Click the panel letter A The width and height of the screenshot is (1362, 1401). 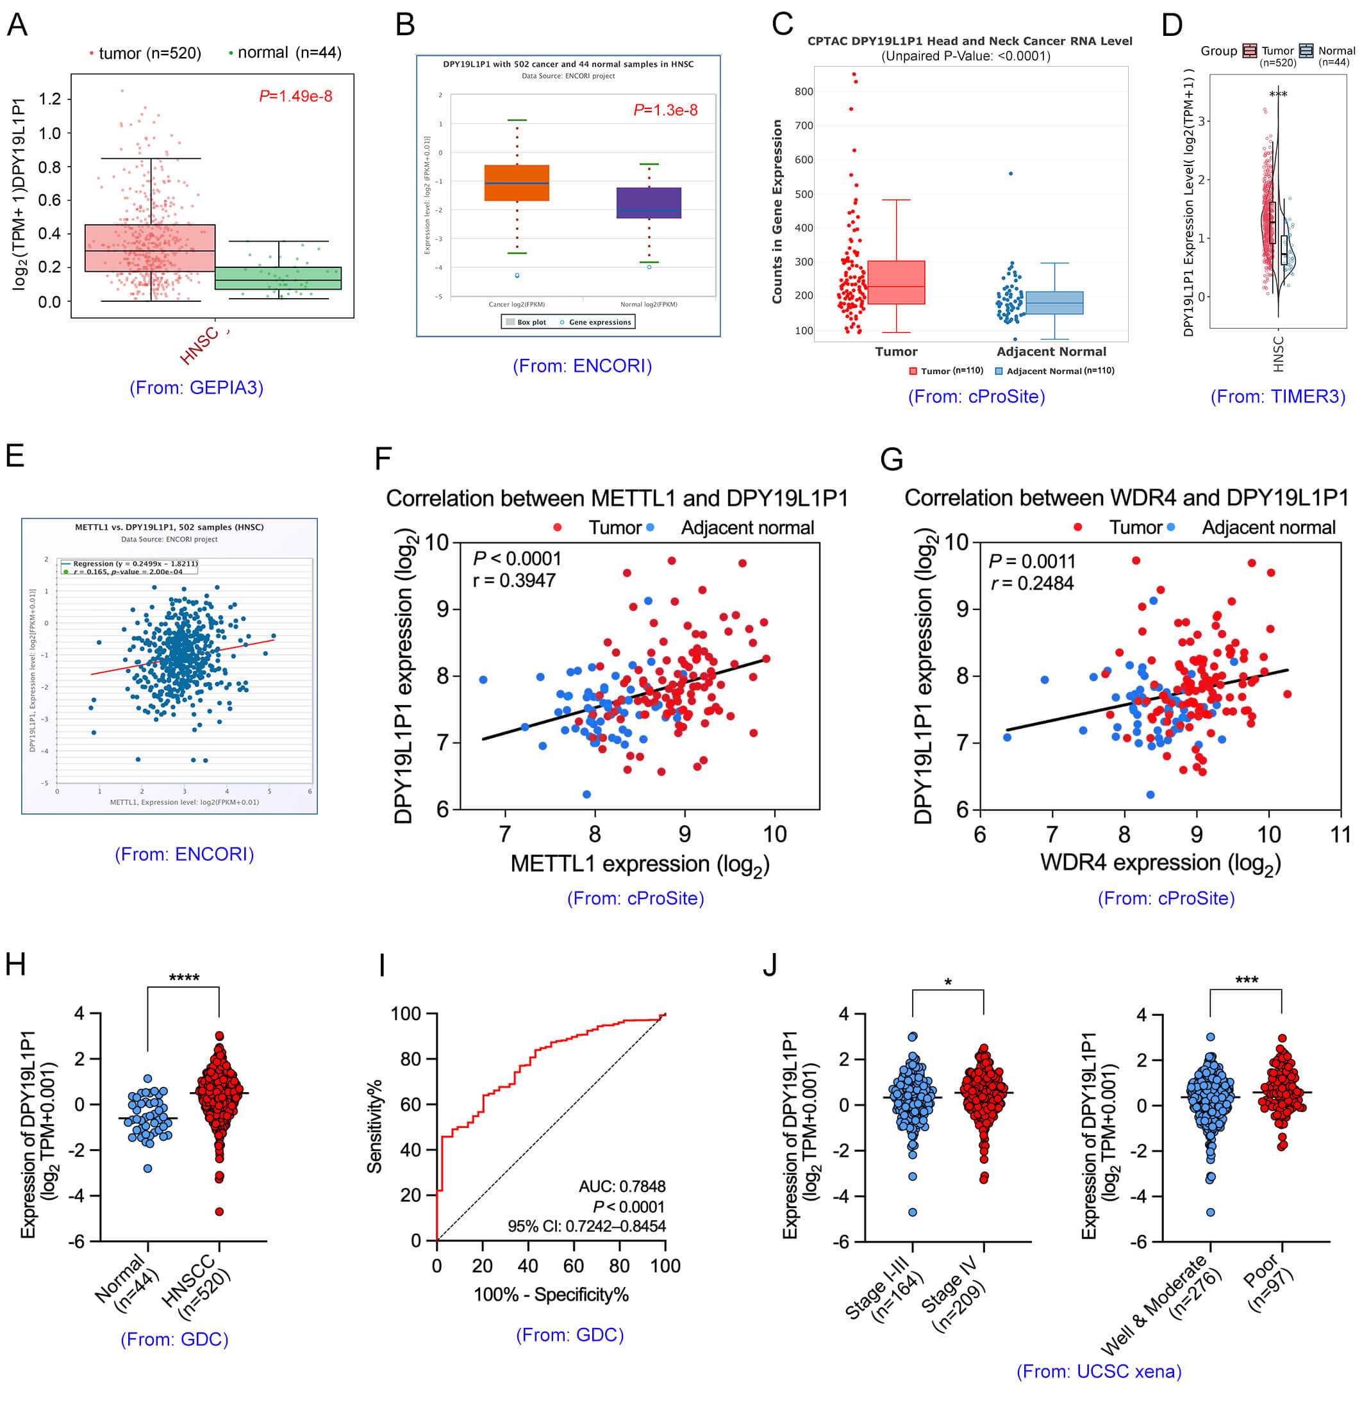(x=17, y=25)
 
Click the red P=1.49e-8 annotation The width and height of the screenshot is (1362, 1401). (x=295, y=97)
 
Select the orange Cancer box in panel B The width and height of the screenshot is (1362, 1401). (x=517, y=183)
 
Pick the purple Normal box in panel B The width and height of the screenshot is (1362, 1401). (x=648, y=203)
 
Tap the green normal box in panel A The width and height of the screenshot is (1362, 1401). (x=278, y=278)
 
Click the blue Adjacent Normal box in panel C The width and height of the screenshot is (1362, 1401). (x=1054, y=303)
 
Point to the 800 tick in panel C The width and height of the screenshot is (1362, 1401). (x=803, y=92)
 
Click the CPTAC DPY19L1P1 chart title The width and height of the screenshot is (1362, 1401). (x=969, y=42)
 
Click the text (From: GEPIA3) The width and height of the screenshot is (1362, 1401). (x=196, y=388)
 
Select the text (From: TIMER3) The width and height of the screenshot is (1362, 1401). (x=1277, y=397)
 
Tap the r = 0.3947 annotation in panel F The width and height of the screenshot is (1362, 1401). (x=514, y=581)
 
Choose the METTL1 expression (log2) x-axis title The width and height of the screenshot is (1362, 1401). (x=640, y=865)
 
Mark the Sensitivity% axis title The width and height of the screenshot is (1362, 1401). (x=375, y=1127)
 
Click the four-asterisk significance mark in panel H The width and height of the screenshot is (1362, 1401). (x=184, y=977)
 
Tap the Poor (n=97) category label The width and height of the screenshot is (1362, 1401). (x=1268, y=1282)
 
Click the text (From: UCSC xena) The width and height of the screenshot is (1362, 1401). (x=1099, y=1371)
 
